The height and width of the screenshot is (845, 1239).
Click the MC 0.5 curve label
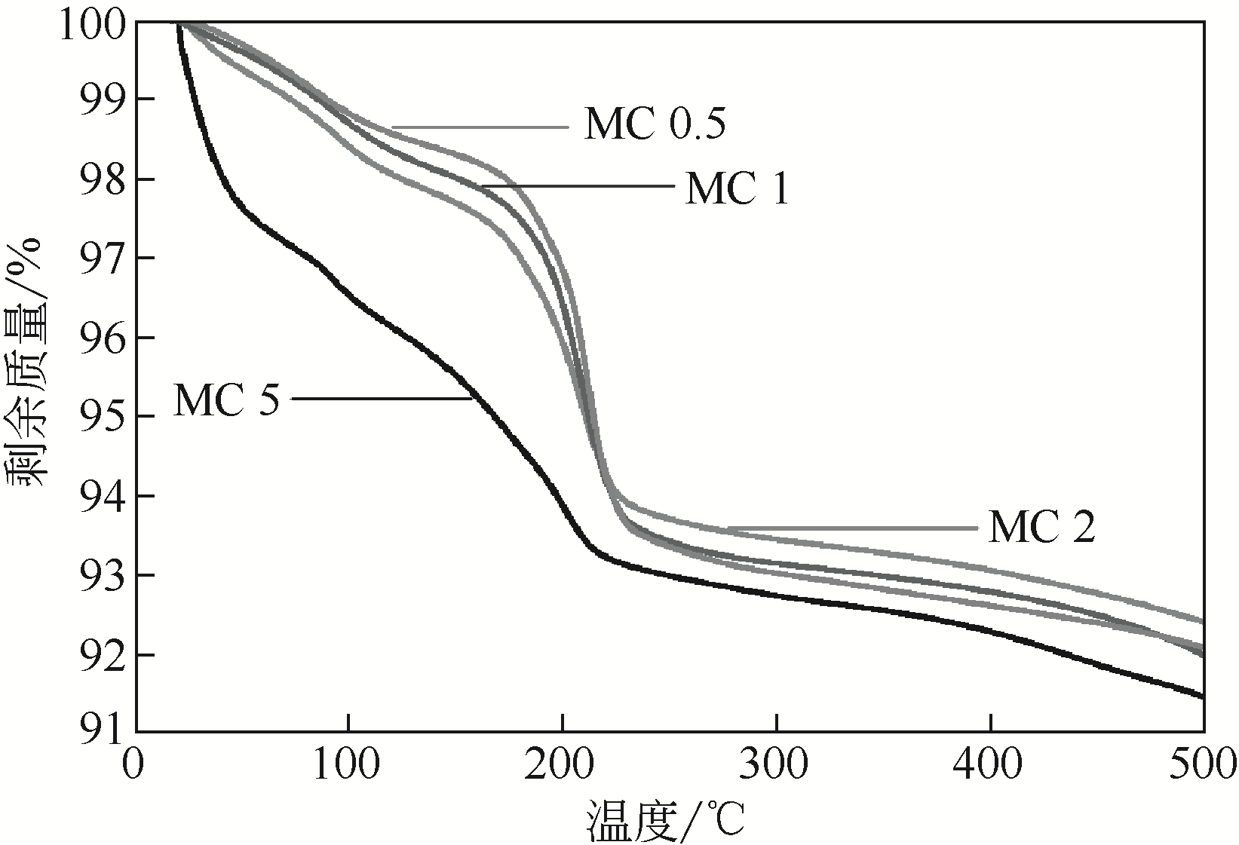click(654, 125)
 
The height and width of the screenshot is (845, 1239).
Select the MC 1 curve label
click(737, 188)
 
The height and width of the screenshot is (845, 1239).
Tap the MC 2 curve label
click(1041, 528)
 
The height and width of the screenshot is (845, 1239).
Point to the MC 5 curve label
click(226, 400)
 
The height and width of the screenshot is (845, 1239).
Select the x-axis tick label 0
click(135, 767)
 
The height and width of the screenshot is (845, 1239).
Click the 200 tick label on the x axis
click(563, 767)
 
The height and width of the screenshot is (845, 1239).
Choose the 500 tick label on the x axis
click(1202, 767)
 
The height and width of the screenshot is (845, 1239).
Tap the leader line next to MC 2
click(852, 528)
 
